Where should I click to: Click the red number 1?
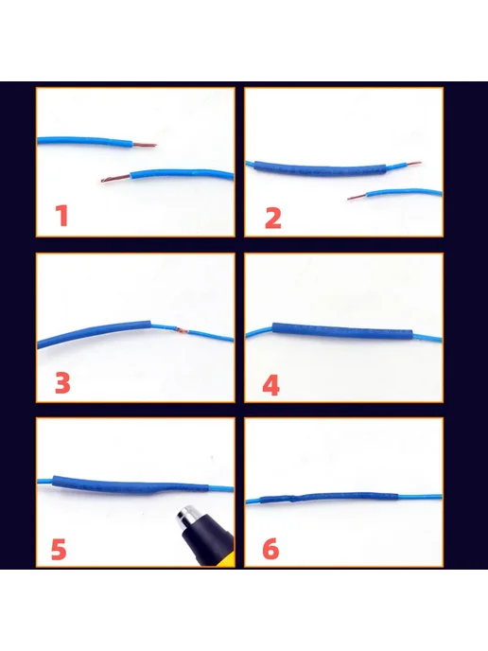(x=61, y=216)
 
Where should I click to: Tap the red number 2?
(x=273, y=218)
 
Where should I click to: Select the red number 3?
(x=62, y=383)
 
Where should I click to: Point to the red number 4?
(x=271, y=385)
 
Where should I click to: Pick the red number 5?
(x=59, y=549)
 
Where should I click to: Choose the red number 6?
(x=270, y=549)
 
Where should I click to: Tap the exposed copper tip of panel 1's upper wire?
(x=145, y=145)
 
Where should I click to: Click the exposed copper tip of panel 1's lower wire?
(x=115, y=180)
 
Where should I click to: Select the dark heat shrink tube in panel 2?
(x=320, y=169)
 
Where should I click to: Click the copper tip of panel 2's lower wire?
(x=357, y=197)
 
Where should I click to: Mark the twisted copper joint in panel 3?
(x=182, y=330)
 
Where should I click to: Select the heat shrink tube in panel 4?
(x=342, y=332)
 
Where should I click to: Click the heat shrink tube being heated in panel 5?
(x=131, y=484)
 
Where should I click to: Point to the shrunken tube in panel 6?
(x=329, y=497)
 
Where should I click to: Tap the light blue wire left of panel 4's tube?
(x=259, y=332)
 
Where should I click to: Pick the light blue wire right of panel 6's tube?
(x=420, y=496)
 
